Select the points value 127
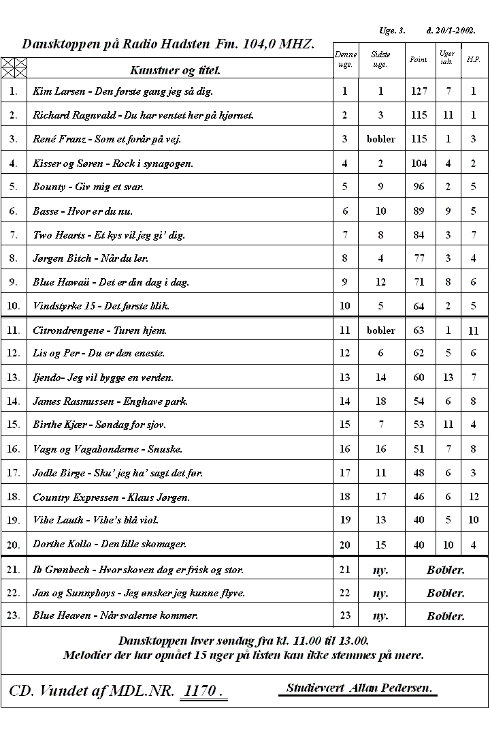(x=419, y=91)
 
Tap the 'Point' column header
(x=419, y=59)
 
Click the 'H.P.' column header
(x=474, y=59)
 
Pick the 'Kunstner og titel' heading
(x=175, y=70)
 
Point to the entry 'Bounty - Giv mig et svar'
(x=88, y=187)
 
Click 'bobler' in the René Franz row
(x=380, y=139)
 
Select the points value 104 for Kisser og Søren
(x=419, y=163)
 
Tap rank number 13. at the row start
(x=14, y=377)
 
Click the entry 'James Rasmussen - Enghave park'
(x=110, y=401)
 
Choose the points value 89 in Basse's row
(x=419, y=211)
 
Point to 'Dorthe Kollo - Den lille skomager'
(x=110, y=544)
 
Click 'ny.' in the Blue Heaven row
(x=380, y=616)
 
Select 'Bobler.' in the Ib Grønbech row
(x=446, y=570)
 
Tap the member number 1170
(x=203, y=691)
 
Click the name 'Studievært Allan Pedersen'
(x=359, y=688)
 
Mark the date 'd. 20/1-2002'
(x=451, y=31)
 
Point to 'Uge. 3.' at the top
(x=392, y=31)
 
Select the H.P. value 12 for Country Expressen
(x=474, y=497)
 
